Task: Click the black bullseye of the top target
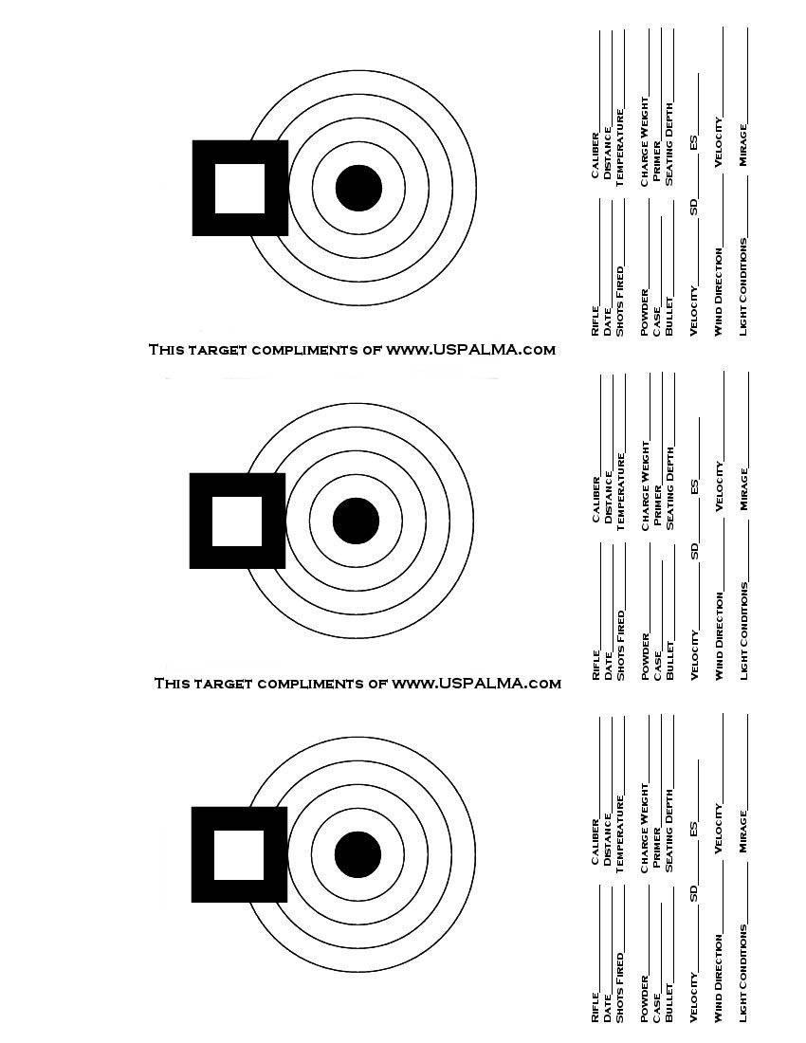point(358,189)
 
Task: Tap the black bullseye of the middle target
point(356,521)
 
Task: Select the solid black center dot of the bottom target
point(357,854)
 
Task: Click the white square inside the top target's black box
point(240,189)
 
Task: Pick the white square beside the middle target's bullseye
point(237,521)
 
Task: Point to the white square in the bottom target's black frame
point(239,854)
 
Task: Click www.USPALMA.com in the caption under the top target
point(471,349)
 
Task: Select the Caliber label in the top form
point(595,156)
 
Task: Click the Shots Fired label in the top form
point(620,301)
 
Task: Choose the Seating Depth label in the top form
point(669,144)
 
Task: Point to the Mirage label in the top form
point(742,145)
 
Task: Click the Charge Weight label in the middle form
point(645,486)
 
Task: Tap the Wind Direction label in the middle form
point(719,636)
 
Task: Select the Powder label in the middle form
point(645,656)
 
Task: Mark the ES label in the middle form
point(694,487)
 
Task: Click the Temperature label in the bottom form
point(620,834)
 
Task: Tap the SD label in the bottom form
point(693,893)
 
